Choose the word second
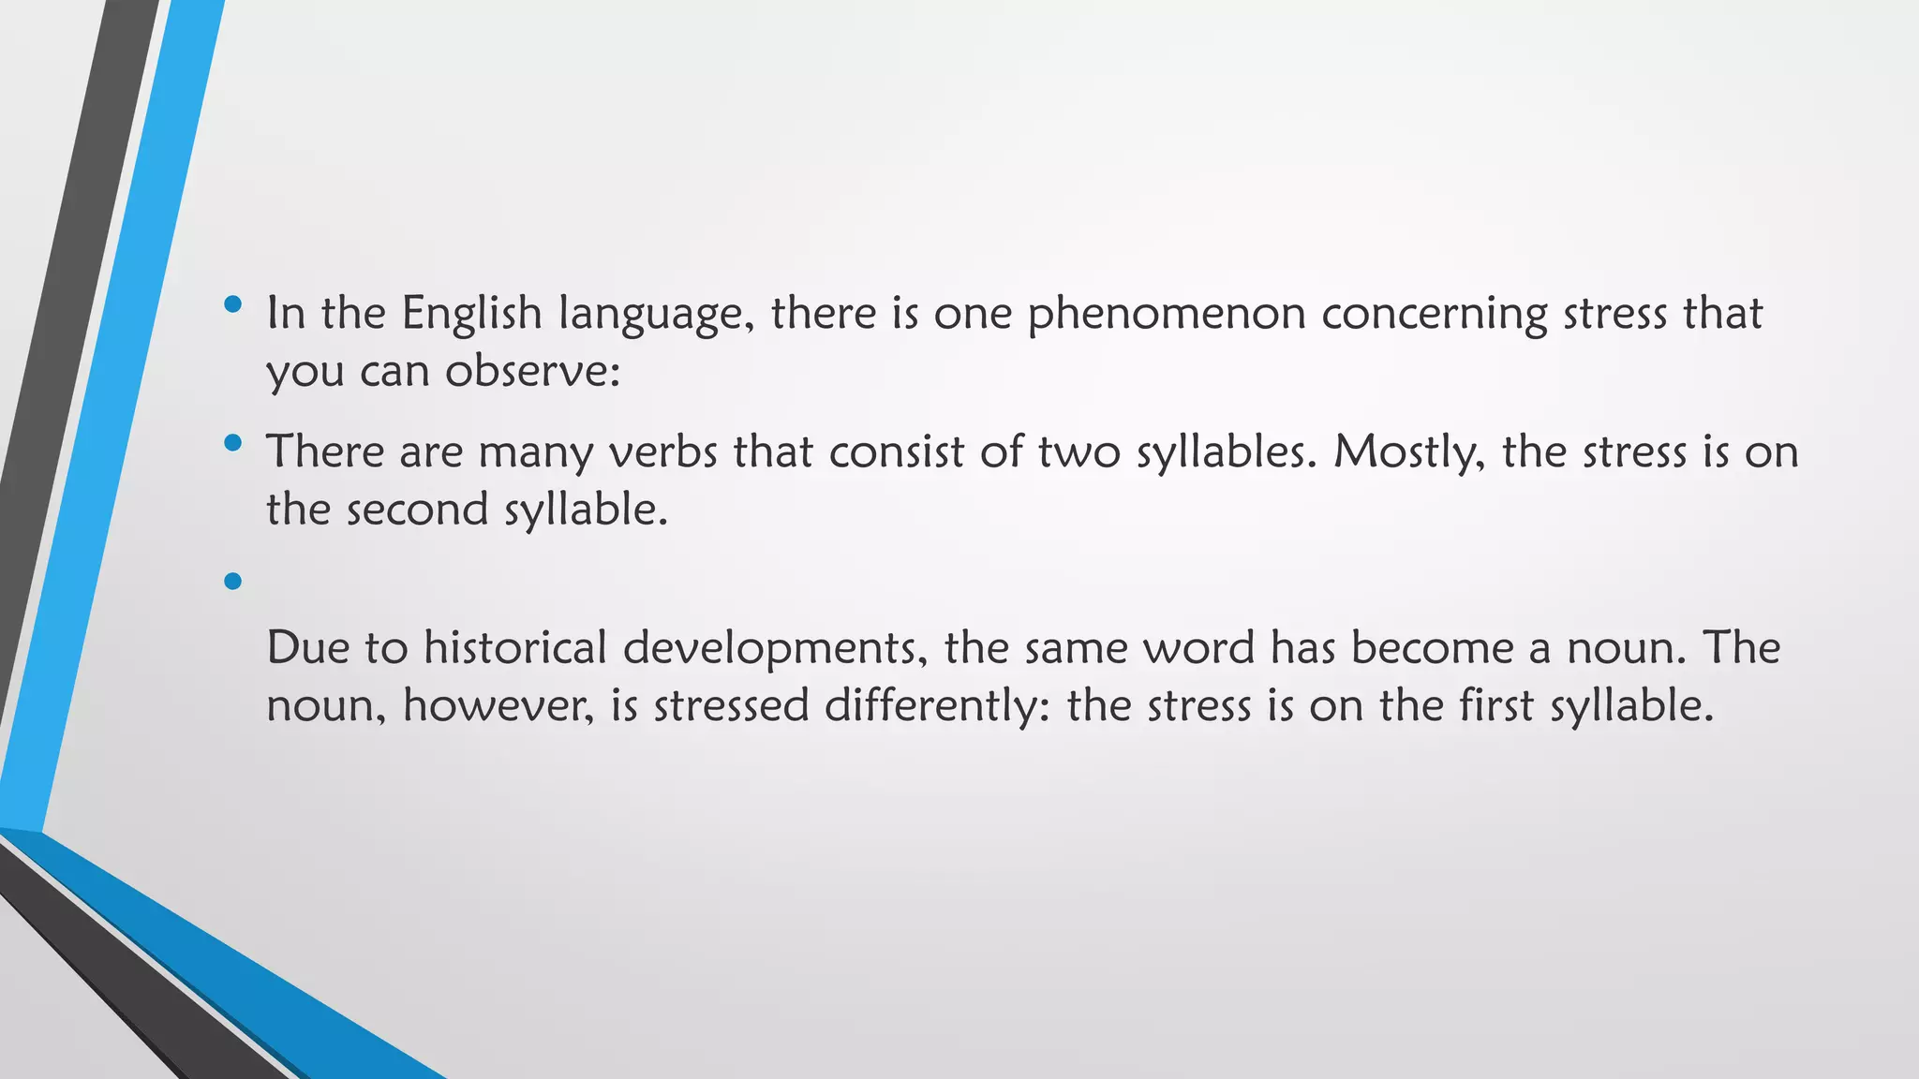pos(417,510)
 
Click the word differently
pos(937,706)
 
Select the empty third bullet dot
pos(233,582)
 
